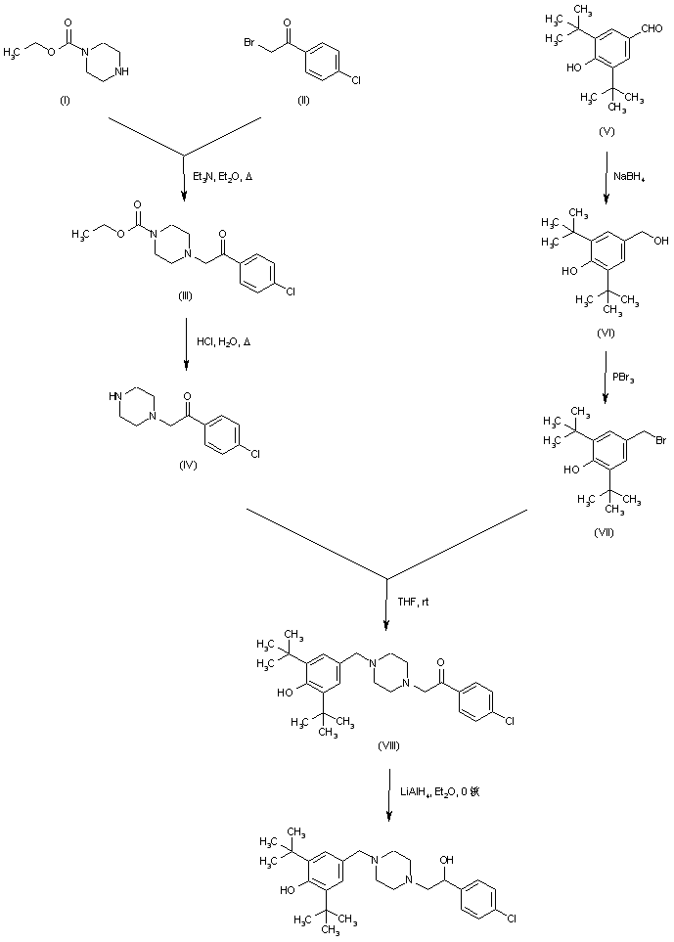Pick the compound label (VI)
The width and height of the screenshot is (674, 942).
click(x=604, y=334)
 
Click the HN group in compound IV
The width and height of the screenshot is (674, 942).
click(x=115, y=397)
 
